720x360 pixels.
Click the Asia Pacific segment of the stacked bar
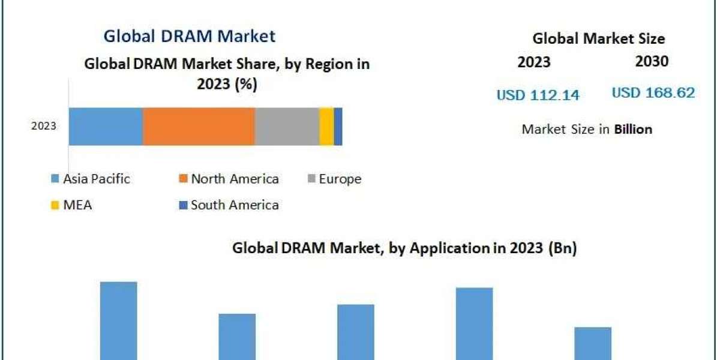point(106,127)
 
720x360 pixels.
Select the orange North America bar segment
point(199,127)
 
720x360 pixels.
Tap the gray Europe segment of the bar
point(287,127)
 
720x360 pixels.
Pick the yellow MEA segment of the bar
point(326,127)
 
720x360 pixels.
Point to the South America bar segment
point(338,127)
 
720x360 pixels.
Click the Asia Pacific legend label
point(96,179)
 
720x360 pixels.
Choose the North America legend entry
point(235,179)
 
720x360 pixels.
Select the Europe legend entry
point(340,179)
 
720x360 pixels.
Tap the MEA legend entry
point(77,205)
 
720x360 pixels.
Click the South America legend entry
point(235,205)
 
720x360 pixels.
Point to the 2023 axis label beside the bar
point(43,126)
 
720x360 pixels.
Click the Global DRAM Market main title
point(190,36)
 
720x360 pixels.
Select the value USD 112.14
point(538,95)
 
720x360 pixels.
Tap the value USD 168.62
point(653,93)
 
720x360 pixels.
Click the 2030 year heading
point(652,61)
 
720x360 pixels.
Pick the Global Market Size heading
point(598,38)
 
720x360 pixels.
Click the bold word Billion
point(633,129)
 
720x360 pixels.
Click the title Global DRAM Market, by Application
point(404,248)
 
